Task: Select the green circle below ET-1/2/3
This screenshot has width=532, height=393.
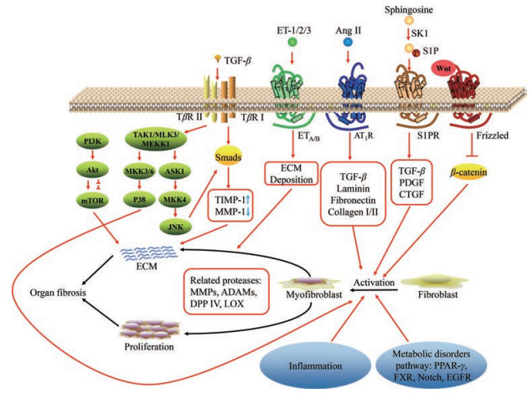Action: point(292,41)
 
